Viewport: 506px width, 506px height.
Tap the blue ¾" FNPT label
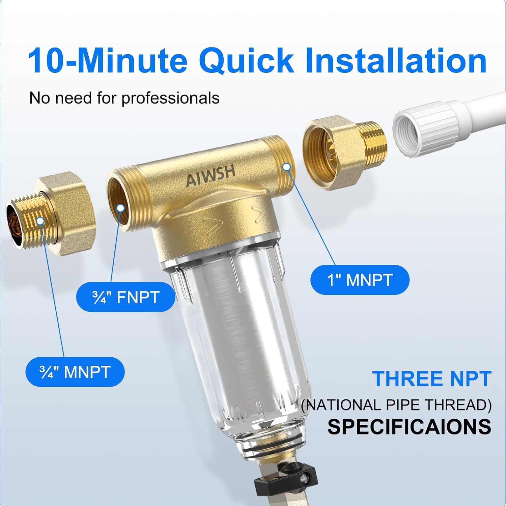tap(125, 297)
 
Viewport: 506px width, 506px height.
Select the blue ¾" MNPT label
tap(75, 372)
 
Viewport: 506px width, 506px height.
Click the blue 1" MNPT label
tap(360, 280)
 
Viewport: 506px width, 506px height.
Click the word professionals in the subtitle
tap(170, 98)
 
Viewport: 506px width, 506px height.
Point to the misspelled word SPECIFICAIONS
tap(409, 426)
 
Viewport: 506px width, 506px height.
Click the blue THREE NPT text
tap(431, 378)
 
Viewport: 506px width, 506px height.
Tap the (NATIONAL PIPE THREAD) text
tap(396, 405)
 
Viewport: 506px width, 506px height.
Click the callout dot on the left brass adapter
tap(40, 221)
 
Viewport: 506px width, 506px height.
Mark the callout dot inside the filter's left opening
tap(120, 208)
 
